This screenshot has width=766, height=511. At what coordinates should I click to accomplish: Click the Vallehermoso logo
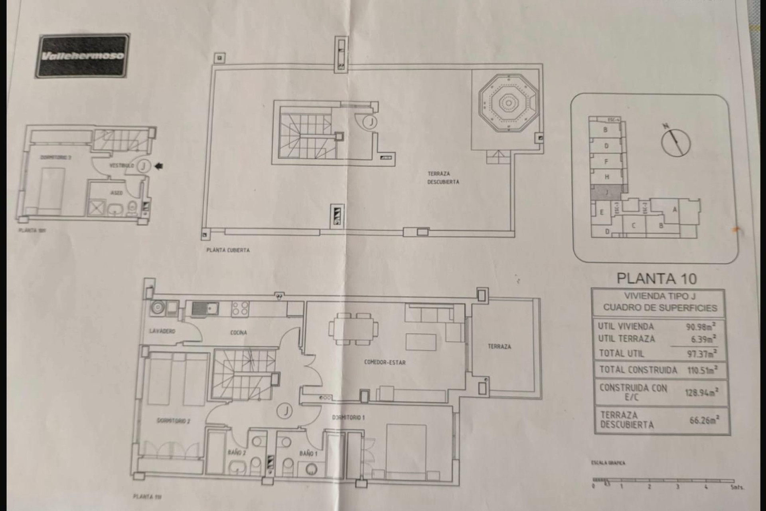pyautogui.click(x=82, y=56)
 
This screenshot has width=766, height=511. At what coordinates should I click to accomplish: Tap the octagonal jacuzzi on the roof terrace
pyautogui.click(x=508, y=104)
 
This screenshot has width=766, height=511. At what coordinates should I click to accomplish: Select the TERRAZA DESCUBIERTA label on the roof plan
pyautogui.click(x=443, y=178)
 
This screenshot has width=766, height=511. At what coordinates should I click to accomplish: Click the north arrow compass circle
pyautogui.click(x=676, y=143)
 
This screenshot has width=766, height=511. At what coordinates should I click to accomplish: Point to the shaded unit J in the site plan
pyautogui.click(x=606, y=192)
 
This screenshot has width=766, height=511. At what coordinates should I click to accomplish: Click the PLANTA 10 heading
pyautogui.click(x=656, y=278)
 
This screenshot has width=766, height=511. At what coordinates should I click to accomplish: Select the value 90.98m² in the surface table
pyautogui.click(x=701, y=326)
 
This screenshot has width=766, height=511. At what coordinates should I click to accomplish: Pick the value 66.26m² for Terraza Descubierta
pyautogui.click(x=704, y=420)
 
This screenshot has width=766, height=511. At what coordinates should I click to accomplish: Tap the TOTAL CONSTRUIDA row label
pyautogui.click(x=638, y=370)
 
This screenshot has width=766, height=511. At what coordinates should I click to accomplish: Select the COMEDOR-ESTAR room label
pyautogui.click(x=385, y=362)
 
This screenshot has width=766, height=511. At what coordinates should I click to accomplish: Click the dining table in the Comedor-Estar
pyautogui.click(x=353, y=329)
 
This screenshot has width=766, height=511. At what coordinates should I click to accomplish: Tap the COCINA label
pyautogui.click(x=238, y=332)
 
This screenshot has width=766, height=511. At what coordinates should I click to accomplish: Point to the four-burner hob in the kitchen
pyautogui.click(x=241, y=309)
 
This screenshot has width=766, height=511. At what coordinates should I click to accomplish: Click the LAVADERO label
pyautogui.click(x=162, y=331)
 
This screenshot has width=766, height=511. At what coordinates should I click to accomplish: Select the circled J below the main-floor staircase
pyautogui.click(x=285, y=410)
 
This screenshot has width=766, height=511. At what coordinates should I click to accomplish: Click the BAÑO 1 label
pyautogui.click(x=308, y=454)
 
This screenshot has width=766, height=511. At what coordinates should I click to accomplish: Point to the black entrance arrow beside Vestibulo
pyautogui.click(x=159, y=166)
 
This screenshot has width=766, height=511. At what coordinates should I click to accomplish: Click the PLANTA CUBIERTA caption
pyautogui.click(x=228, y=250)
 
